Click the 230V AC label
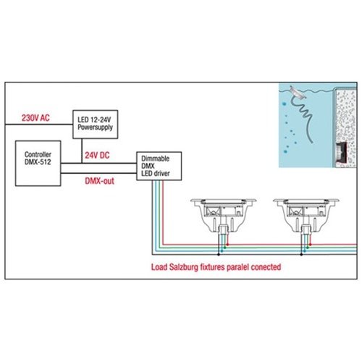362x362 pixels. point(35,118)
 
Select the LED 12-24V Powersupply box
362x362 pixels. point(96,125)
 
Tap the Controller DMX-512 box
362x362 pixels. point(38,163)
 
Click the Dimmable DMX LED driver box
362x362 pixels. point(159,166)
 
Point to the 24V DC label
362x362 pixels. point(97,155)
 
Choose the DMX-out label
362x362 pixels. point(99,181)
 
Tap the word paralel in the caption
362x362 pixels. point(237,267)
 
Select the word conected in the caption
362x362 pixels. point(266,267)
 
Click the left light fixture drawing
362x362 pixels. point(223,216)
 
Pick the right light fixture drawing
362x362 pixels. point(306,216)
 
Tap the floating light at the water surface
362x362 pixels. point(298,92)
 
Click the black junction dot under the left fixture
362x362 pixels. point(219,254)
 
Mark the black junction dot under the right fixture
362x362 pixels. point(301,254)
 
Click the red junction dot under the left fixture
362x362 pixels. point(227,245)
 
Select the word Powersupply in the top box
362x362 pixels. point(96,127)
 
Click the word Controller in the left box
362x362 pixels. point(38,154)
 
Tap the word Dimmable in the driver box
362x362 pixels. point(155,159)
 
